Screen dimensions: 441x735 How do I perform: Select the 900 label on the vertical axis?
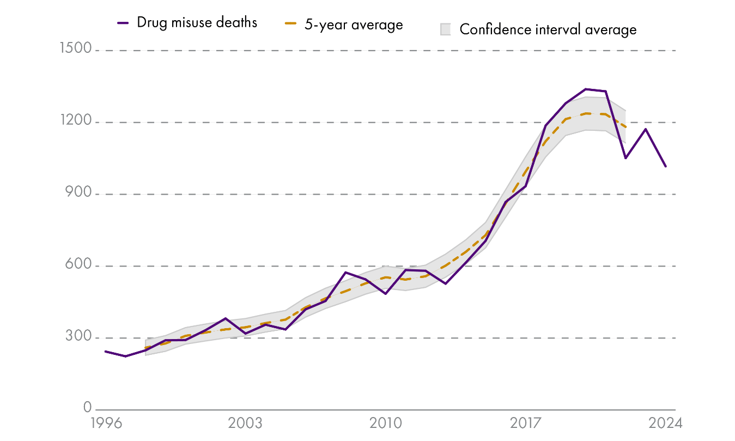[x=78, y=193]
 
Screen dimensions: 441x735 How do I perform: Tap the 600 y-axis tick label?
[x=78, y=265]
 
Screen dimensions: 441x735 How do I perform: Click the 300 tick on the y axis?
[x=78, y=337]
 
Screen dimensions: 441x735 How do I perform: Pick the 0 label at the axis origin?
[x=87, y=407]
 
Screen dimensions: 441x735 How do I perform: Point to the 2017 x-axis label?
[x=526, y=424]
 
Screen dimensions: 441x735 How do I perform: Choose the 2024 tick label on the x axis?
[x=665, y=424]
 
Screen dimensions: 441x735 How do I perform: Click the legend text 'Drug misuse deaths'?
[x=197, y=22]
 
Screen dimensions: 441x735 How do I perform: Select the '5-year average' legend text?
[x=353, y=24]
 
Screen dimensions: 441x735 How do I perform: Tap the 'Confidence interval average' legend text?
[x=548, y=29]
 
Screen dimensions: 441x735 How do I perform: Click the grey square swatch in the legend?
[x=446, y=29]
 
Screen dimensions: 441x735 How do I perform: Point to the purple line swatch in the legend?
[x=123, y=23]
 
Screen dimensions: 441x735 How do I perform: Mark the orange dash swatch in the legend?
[x=290, y=24]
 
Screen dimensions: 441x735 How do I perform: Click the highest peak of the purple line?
[x=586, y=89]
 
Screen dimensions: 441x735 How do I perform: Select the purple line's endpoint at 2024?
[x=665, y=166]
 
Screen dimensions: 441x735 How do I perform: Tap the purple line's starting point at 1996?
[x=105, y=352]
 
